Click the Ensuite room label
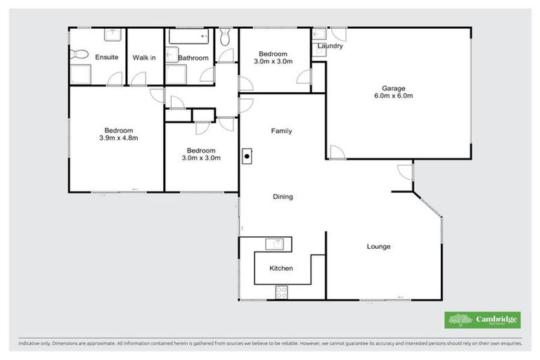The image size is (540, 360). [107, 57]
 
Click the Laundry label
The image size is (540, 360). [330, 46]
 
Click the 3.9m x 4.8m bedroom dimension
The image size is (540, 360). [118, 138]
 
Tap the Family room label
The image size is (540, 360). [282, 131]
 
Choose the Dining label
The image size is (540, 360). [283, 197]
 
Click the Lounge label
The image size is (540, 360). [378, 247]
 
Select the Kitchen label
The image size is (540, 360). [281, 268]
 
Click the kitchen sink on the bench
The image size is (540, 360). [274, 244]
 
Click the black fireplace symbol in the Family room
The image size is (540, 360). [247, 157]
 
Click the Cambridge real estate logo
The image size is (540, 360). [483, 320]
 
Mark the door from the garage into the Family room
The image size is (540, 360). [335, 153]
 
